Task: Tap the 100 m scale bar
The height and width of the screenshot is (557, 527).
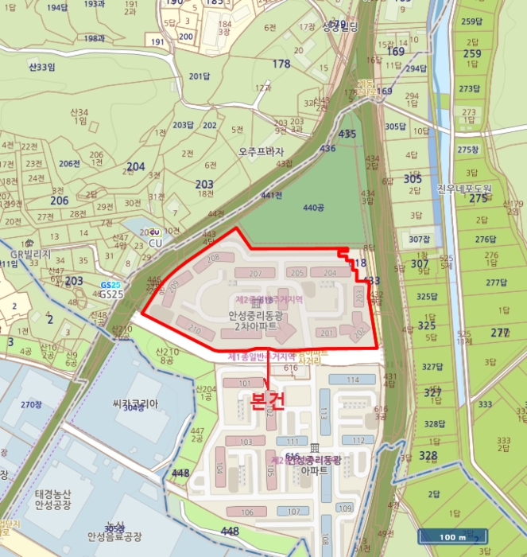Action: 451,536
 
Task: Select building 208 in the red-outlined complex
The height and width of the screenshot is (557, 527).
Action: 212,258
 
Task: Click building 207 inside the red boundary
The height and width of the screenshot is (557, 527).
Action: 255,274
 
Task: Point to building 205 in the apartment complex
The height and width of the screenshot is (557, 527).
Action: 298,273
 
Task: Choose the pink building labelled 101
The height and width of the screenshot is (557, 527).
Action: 245,383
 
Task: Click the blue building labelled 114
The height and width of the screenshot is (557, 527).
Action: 351,380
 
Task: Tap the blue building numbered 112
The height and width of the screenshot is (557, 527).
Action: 358,440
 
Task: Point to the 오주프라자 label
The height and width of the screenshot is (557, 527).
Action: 261,151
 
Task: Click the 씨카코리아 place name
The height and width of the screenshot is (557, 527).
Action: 136,403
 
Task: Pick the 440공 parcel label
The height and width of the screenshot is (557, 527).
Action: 314,208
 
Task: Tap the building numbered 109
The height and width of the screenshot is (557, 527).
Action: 344,508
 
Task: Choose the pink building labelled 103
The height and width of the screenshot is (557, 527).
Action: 245,441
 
